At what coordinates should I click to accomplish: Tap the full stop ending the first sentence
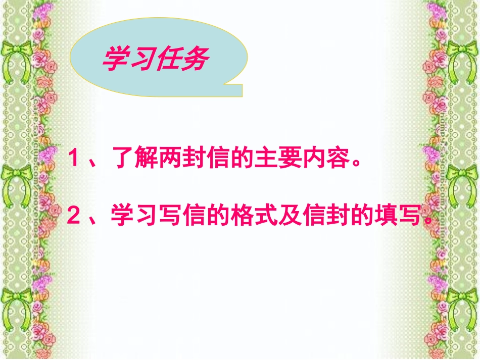point(356,164)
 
